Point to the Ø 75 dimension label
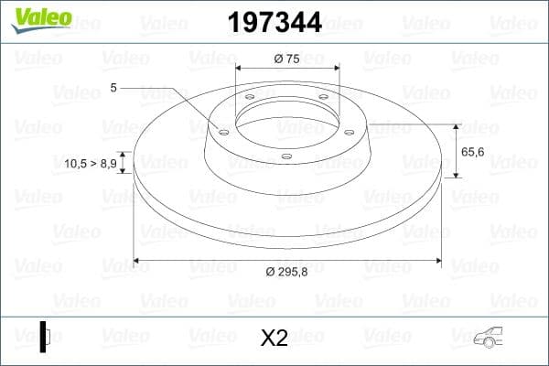[x=287, y=59]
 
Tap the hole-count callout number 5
[x=113, y=88]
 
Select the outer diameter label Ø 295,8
[x=287, y=273]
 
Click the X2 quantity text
[x=274, y=338]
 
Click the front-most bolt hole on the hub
[x=286, y=156]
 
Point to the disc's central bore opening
[x=287, y=119]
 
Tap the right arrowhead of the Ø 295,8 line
[x=437, y=262]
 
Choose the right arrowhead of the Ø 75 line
[x=336, y=69]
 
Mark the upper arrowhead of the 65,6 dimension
[x=456, y=127]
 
